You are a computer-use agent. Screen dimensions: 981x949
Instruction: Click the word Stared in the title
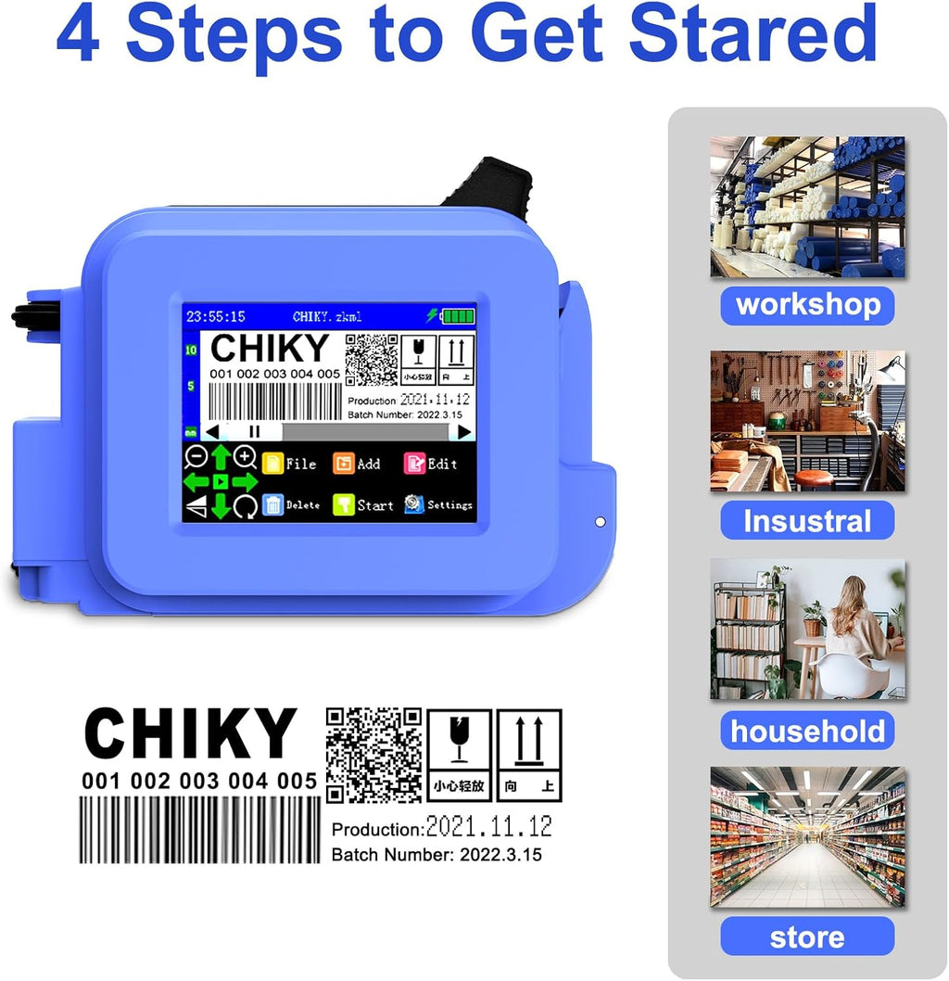(757, 34)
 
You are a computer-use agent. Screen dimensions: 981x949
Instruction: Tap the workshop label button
(807, 305)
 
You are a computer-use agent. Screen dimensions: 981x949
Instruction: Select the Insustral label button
(807, 520)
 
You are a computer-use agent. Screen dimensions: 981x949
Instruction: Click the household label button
(807, 731)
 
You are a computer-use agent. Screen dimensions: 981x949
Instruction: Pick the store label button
(807, 936)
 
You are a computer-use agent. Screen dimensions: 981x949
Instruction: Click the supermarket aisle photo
(807, 837)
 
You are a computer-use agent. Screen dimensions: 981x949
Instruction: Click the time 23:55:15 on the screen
(209, 316)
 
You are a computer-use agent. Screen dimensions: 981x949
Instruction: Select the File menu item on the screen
(289, 464)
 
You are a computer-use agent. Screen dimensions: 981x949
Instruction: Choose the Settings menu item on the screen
(438, 505)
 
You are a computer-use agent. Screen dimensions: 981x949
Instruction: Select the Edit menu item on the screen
(431, 464)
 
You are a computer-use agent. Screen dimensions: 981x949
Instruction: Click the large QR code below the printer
(373, 755)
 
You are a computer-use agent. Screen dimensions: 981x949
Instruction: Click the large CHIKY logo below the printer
(190, 734)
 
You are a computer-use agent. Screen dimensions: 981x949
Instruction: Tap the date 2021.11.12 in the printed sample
(488, 825)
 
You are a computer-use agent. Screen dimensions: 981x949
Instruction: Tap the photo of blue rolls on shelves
(807, 207)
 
